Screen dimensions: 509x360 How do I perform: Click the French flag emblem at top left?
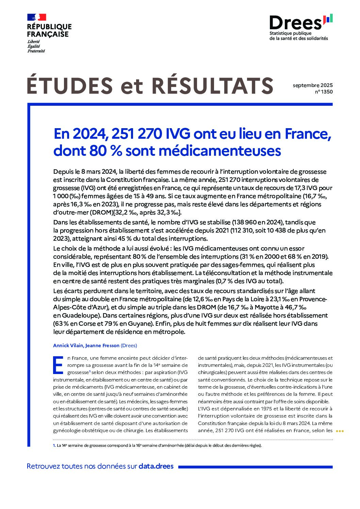(36, 17)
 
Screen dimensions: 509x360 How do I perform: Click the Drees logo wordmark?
(295, 22)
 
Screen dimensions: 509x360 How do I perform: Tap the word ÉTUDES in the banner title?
(70, 86)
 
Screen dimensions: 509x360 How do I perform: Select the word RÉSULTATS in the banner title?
(212, 86)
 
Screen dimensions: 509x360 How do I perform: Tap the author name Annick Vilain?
(68, 345)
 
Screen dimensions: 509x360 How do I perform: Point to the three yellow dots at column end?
(340, 431)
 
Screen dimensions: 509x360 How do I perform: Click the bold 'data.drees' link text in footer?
(156, 466)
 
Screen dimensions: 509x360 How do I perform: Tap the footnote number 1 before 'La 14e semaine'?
(54, 445)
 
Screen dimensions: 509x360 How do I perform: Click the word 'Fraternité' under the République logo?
(36, 51)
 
